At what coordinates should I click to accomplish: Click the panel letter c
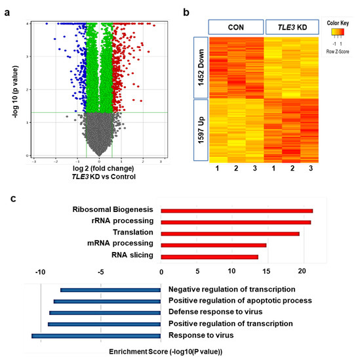click(x=7, y=197)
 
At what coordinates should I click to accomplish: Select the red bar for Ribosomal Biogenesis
click(x=237, y=211)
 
